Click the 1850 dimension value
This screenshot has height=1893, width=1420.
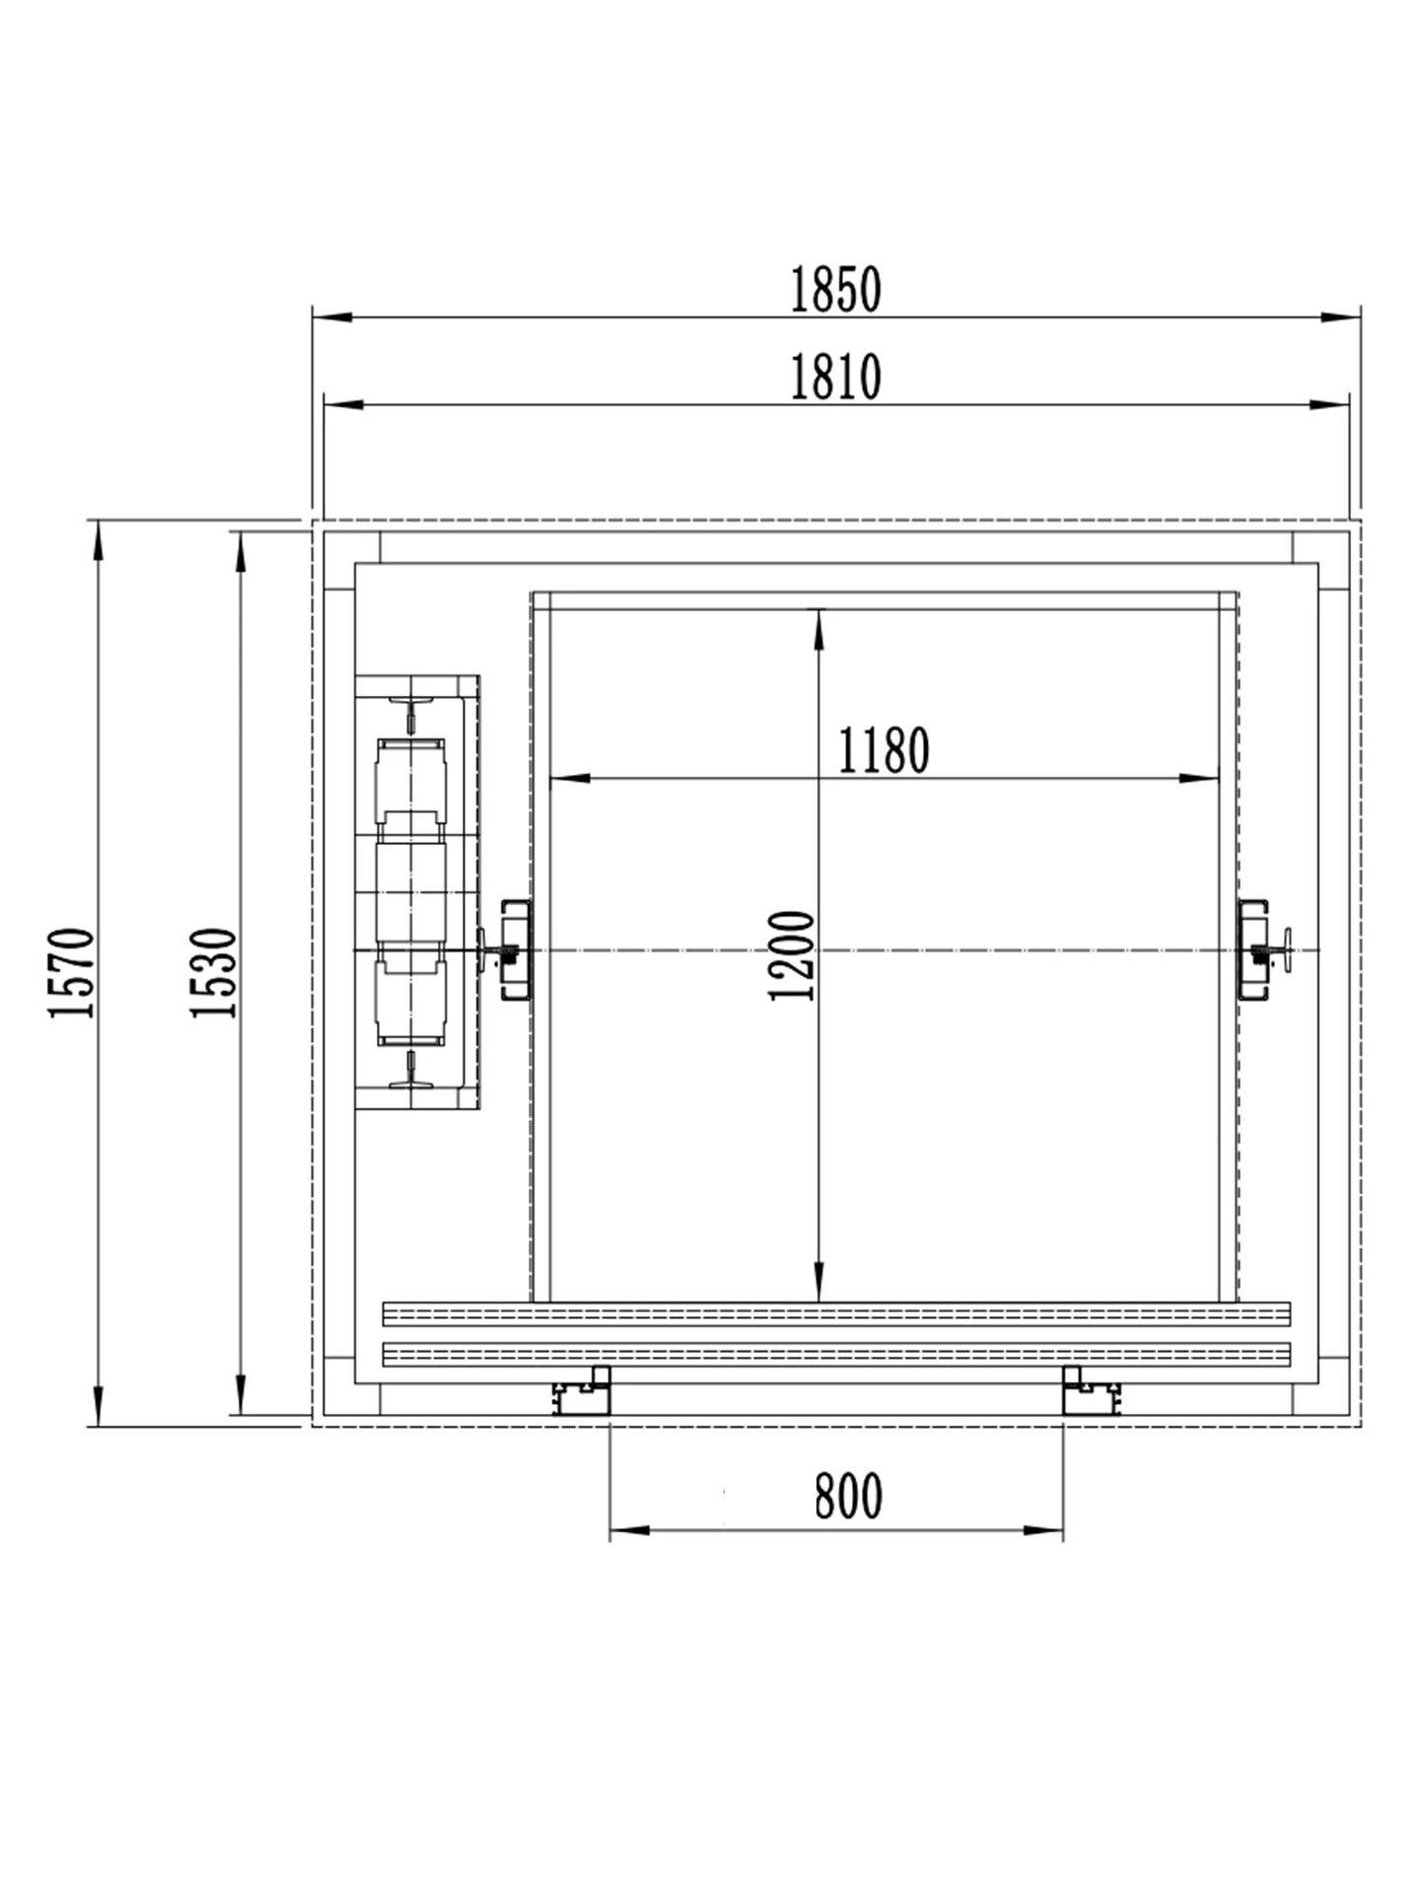click(x=835, y=290)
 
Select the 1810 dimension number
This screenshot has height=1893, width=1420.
click(x=835, y=377)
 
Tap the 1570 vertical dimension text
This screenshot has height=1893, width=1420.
click(x=72, y=972)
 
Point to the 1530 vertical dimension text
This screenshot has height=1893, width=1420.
click(x=214, y=972)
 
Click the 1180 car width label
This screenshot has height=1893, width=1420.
click(x=884, y=751)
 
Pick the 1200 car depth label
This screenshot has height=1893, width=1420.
click(x=792, y=955)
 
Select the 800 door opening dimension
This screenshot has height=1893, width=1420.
click(x=848, y=1497)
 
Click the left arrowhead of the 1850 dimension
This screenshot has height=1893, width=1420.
click(x=332, y=317)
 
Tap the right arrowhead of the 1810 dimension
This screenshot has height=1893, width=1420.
click(x=1329, y=404)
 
